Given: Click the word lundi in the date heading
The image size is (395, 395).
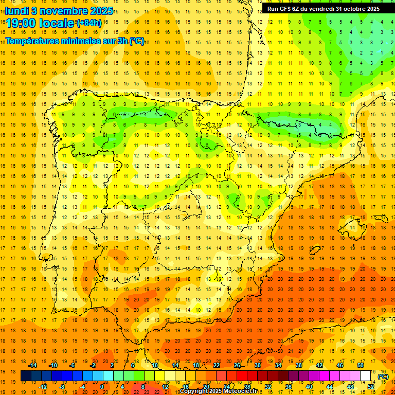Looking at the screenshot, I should [x=17, y=10].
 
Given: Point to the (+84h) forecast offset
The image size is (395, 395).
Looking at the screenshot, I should [x=89, y=23].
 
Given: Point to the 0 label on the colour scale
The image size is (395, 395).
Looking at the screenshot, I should [x=101, y=386].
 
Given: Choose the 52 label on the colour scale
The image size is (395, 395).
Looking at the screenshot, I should [x=371, y=386].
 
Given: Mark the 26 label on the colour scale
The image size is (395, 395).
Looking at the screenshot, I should [x=237, y=365].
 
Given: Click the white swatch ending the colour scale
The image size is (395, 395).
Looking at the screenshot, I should [x=366, y=376].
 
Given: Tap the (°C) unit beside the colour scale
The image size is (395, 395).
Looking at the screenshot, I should [x=383, y=376].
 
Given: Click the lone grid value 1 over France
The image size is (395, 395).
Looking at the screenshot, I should [x=381, y=52].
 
